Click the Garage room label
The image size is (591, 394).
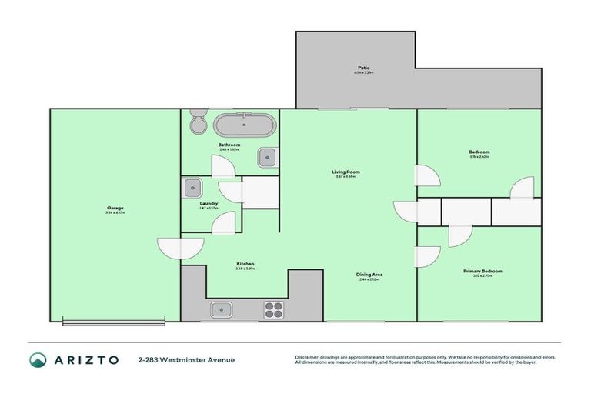tap(115, 208)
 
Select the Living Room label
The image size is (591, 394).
tap(346, 172)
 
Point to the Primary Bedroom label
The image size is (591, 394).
tap(482, 271)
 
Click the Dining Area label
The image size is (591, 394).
tap(369, 275)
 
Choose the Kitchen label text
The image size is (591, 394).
tap(245, 264)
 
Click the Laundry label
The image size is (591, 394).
tap(209, 204)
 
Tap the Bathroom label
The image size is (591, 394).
tap(229, 145)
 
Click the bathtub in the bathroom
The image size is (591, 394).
tap(243, 124)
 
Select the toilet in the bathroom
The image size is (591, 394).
tap(198, 122)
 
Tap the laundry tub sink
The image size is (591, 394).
tap(193, 187)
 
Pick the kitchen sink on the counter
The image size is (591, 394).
tap(222, 310)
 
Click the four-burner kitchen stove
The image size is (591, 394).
tap(274, 310)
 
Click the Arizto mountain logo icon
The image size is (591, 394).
tap(38, 360)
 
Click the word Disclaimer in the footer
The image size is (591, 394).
tap(309, 357)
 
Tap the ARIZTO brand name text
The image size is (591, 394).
tap(86, 360)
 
